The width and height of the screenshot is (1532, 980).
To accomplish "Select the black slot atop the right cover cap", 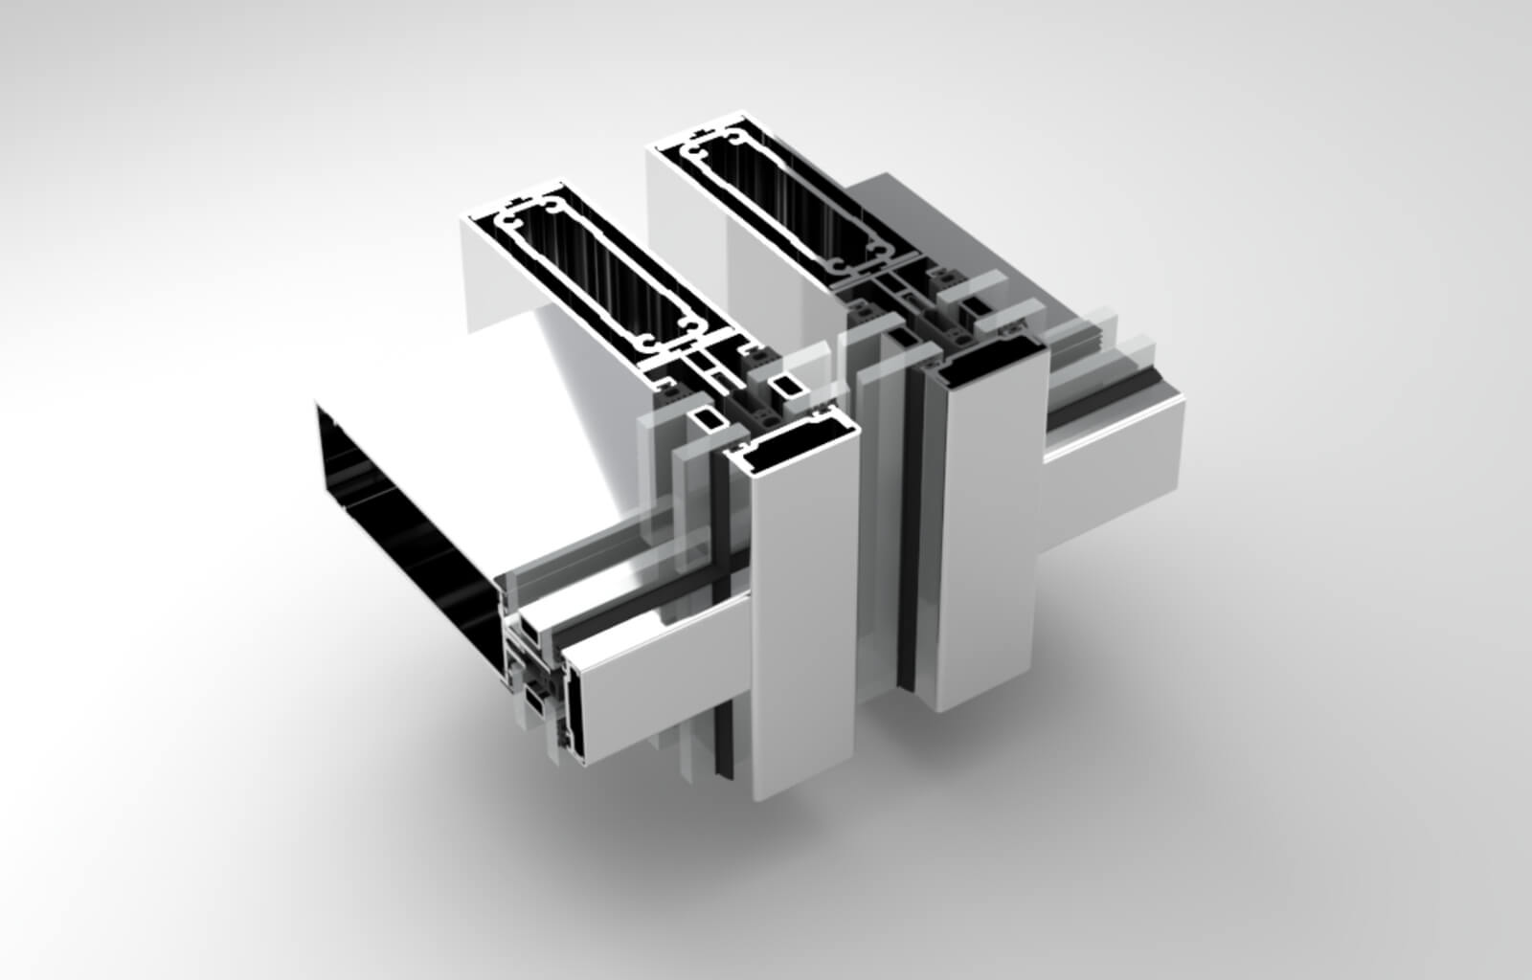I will (986, 364).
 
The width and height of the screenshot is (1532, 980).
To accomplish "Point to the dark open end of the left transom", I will (402, 498).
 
